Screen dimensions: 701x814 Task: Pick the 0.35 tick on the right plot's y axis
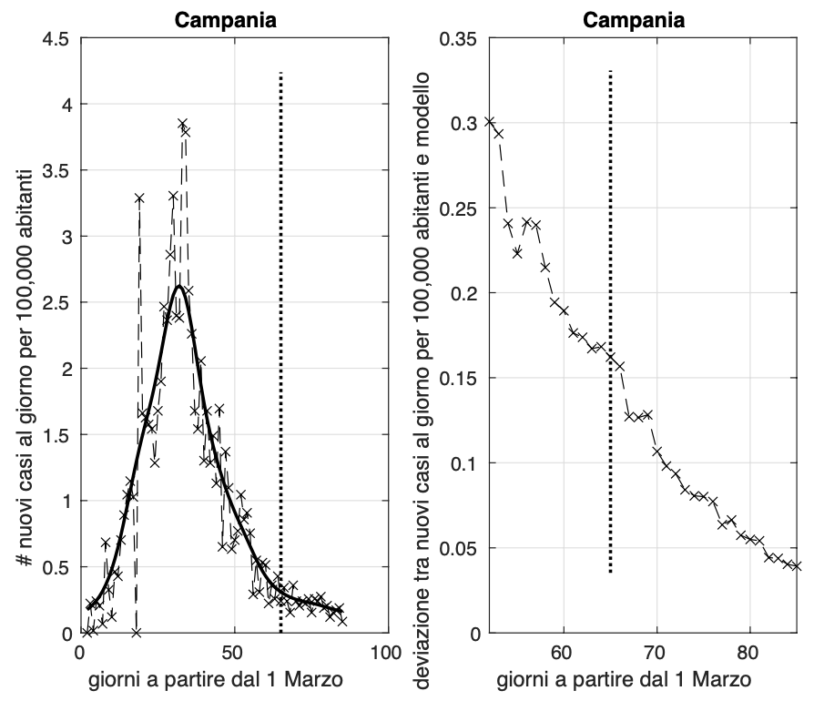(x=458, y=38)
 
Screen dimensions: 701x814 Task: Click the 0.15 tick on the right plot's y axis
(x=458, y=379)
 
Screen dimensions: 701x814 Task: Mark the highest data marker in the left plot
(x=182, y=124)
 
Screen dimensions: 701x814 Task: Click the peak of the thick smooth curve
(x=179, y=287)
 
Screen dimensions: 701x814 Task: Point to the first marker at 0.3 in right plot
(x=490, y=122)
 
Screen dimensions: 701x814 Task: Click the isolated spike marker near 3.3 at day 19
(x=139, y=198)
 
